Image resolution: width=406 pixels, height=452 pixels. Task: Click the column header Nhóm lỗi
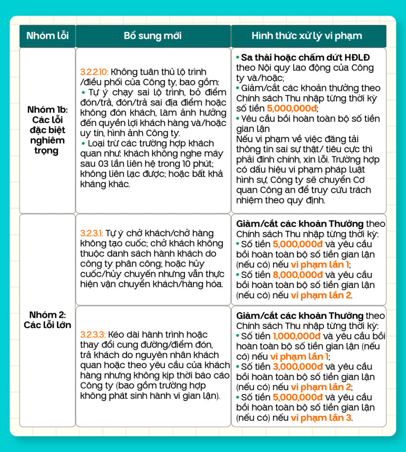pyautogui.click(x=47, y=36)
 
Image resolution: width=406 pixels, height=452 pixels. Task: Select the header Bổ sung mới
pyautogui.click(x=153, y=36)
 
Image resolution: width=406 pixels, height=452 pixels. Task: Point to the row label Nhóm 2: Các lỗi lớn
pyautogui.click(x=47, y=320)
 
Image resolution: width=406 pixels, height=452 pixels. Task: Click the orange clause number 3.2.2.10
pyautogui.click(x=94, y=72)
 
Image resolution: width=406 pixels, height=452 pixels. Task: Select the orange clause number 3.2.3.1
pyautogui.click(x=91, y=233)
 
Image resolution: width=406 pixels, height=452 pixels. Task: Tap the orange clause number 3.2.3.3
pyautogui.click(x=93, y=334)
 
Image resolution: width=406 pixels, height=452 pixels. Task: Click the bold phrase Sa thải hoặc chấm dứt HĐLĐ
pyautogui.click(x=305, y=58)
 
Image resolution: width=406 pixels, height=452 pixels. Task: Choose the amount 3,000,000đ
pyautogui.click(x=298, y=367)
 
